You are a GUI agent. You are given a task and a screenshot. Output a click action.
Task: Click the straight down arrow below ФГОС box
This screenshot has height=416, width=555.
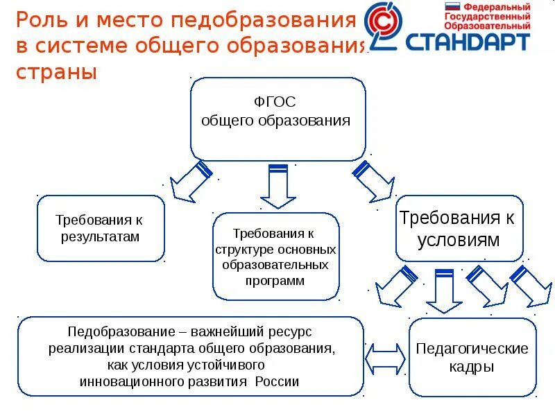coord(277,185)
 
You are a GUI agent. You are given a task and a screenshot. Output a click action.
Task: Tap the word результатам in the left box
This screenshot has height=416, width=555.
coord(101,236)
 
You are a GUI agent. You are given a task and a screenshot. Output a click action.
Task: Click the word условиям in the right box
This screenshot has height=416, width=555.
coord(457,240)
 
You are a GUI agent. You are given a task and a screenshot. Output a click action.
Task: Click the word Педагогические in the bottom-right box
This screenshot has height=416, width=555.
coord(472,349)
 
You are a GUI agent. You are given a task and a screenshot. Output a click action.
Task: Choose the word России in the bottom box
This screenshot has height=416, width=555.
coord(277,381)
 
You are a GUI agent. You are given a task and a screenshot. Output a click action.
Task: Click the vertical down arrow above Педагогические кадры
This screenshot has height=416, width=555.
coord(443,291)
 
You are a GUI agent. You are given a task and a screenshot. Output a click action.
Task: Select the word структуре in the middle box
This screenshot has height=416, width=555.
coord(243,249)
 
